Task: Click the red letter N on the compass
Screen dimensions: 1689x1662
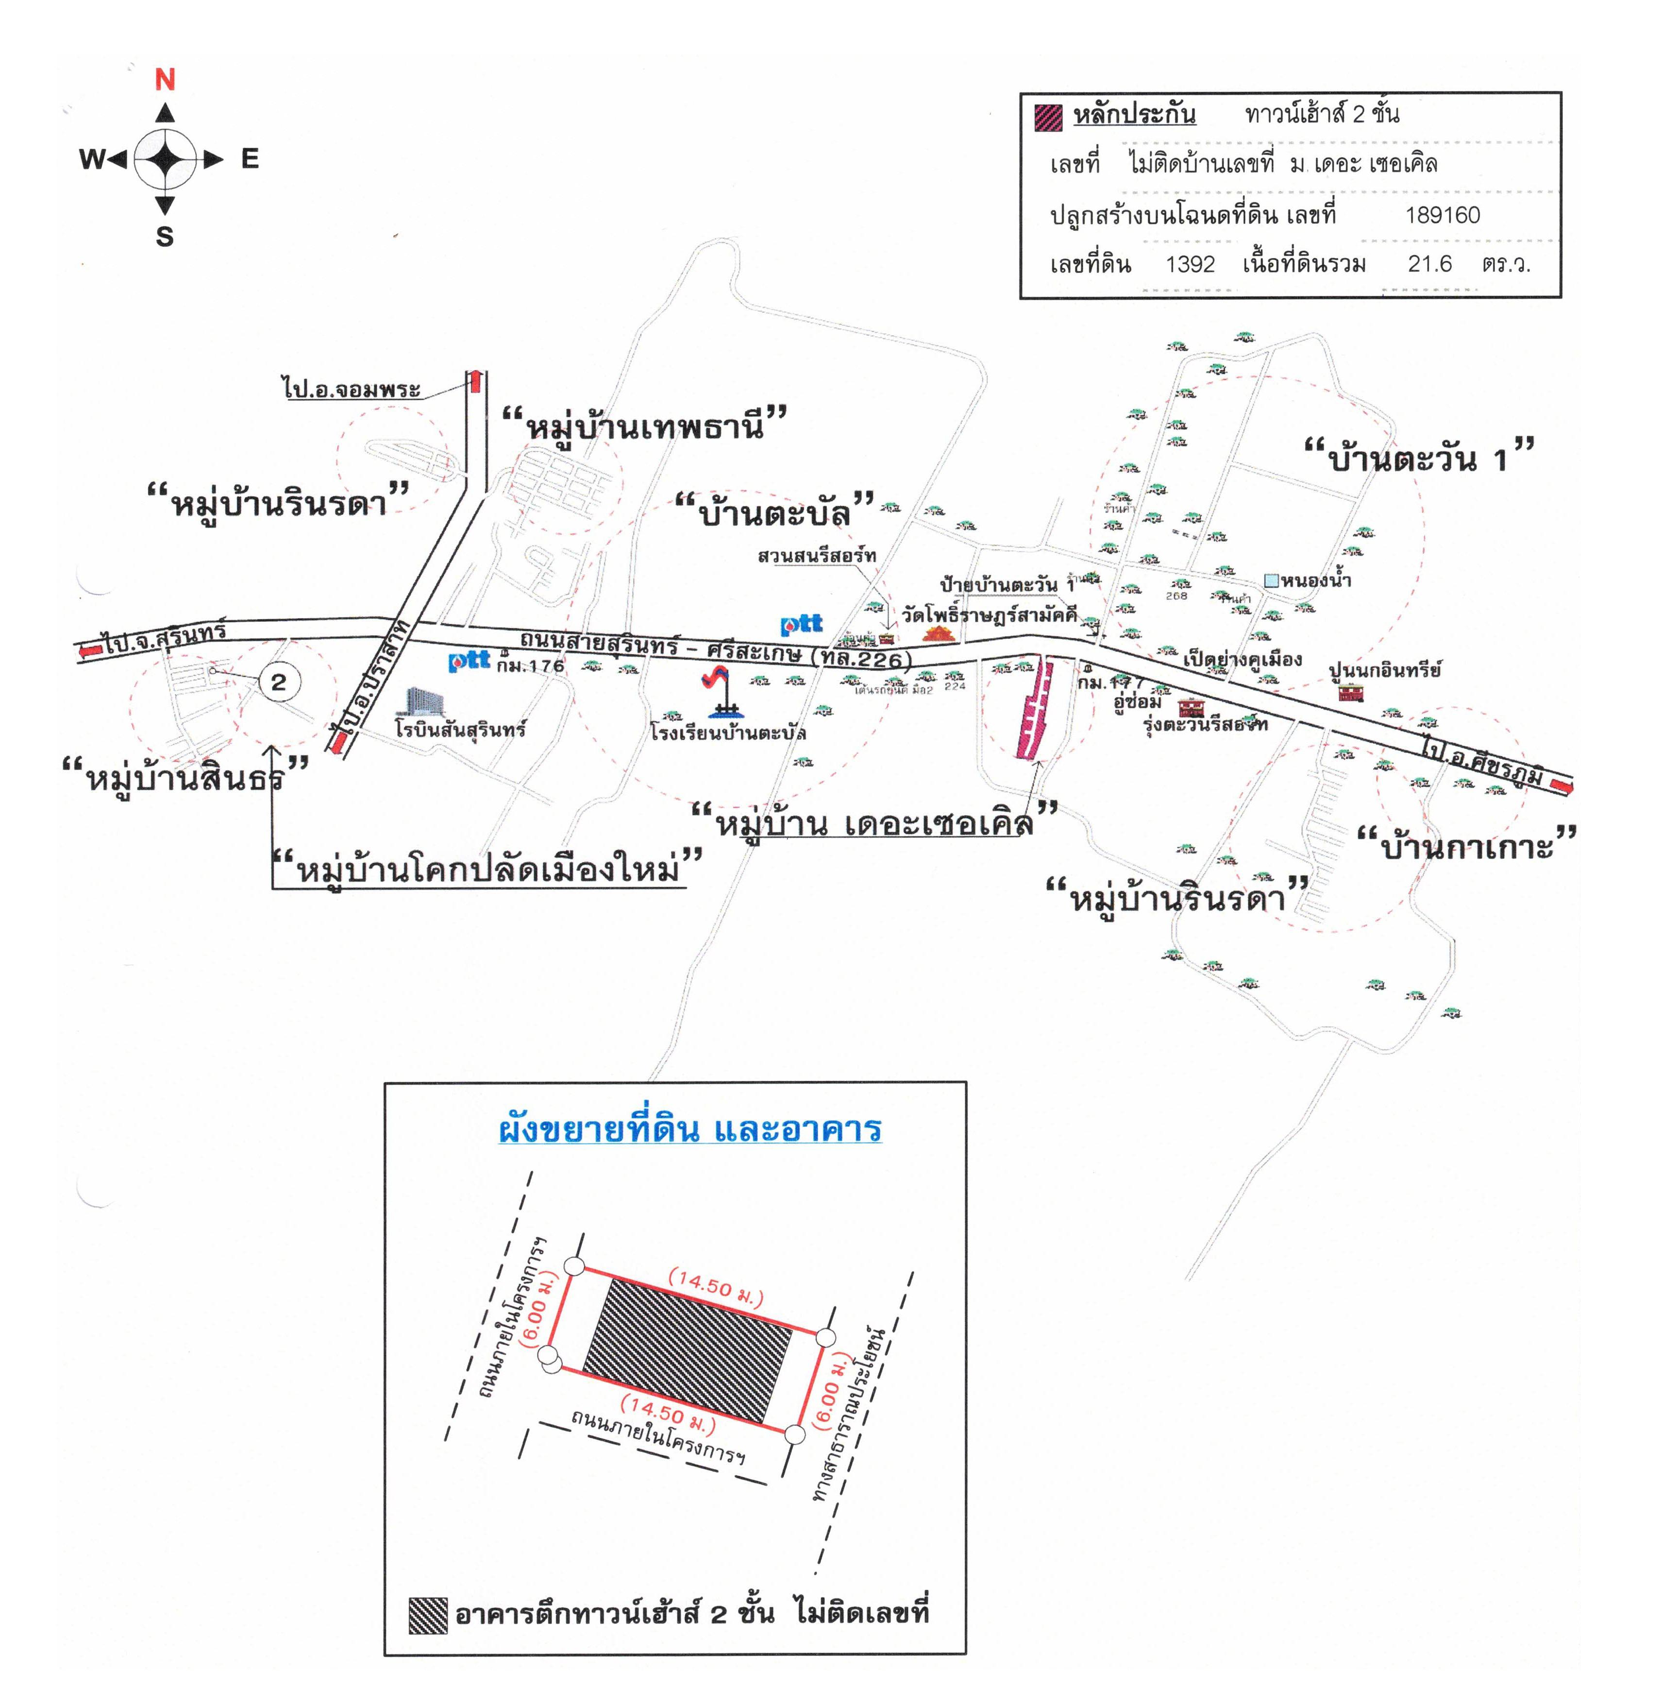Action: [x=165, y=80]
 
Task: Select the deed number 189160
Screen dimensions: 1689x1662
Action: [x=1442, y=215]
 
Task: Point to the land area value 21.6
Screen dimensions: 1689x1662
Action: [x=1429, y=264]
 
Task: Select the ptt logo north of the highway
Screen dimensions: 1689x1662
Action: [x=801, y=624]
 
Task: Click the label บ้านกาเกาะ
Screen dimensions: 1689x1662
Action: [x=1466, y=845]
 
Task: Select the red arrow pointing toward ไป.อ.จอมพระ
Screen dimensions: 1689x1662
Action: [x=475, y=382]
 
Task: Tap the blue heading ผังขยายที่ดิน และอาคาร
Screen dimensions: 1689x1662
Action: [x=688, y=1129]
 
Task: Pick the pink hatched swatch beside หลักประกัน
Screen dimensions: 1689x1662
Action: [x=1047, y=116]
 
